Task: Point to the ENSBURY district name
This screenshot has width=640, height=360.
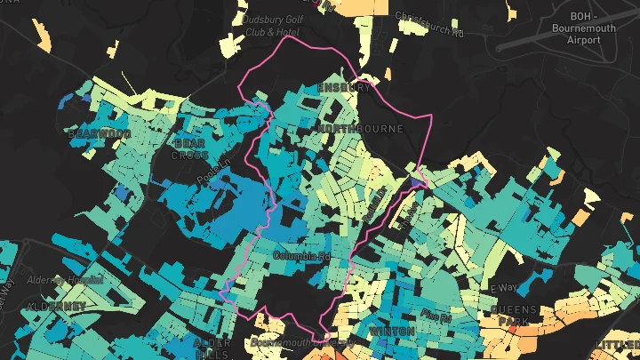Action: [x=343, y=88]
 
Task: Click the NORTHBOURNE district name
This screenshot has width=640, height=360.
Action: [x=360, y=129]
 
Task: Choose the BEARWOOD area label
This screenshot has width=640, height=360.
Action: [x=99, y=134]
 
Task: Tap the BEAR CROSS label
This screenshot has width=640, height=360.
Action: [x=190, y=148]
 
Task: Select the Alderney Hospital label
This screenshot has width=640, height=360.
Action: [x=66, y=278]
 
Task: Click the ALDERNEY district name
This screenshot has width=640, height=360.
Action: [x=57, y=306]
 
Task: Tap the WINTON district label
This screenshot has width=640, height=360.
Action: [x=391, y=332]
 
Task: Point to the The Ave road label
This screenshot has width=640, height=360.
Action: [x=412, y=214]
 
